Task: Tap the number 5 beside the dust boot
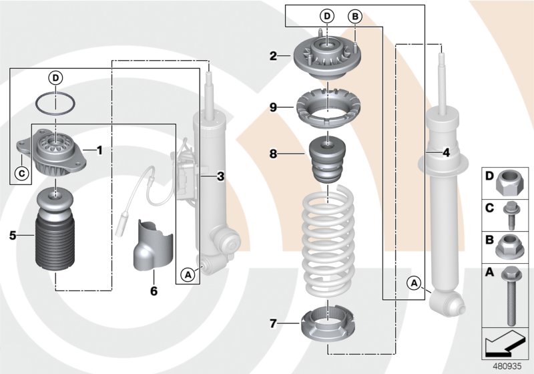[12, 234]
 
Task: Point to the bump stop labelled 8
[326, 164]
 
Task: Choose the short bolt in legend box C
[511, 214]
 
